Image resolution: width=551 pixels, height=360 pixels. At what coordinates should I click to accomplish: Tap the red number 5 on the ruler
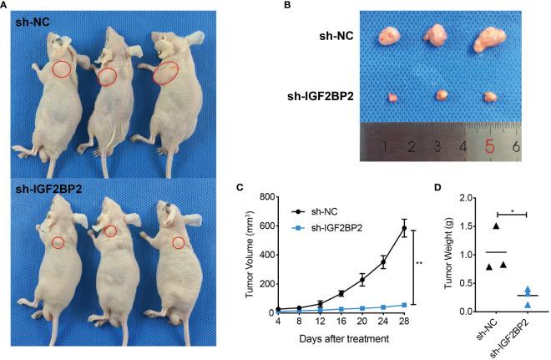pos(490,147)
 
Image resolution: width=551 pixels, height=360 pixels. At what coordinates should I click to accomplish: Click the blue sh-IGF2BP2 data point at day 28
pos(404,305)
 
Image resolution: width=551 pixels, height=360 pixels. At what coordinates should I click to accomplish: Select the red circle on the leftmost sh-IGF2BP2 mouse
pos(58,242)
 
